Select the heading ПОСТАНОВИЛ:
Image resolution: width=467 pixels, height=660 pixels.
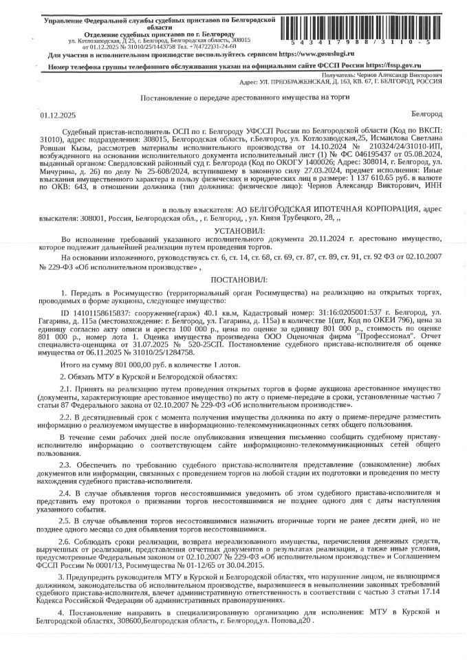click(x=234, y=280)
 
